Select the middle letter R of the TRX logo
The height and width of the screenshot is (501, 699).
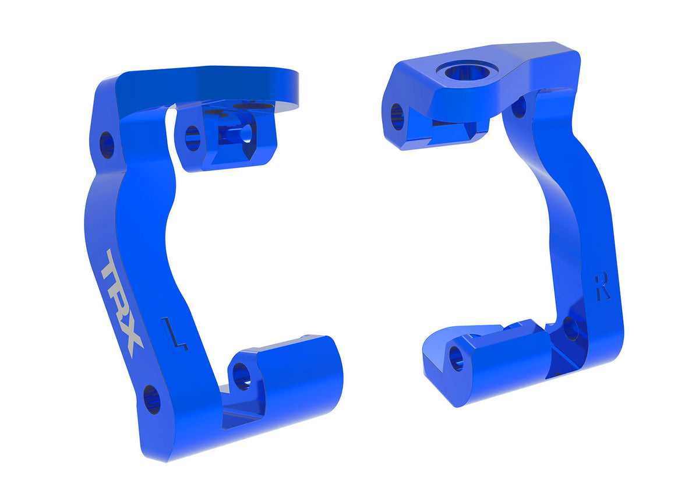tap(122, 303)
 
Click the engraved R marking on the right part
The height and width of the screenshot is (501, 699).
tap(602, 287)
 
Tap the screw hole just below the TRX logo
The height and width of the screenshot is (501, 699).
tap(151, 400)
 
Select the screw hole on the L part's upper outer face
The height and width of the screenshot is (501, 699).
tap(107, 145)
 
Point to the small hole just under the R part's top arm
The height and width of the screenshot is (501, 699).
tap(518, 106)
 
